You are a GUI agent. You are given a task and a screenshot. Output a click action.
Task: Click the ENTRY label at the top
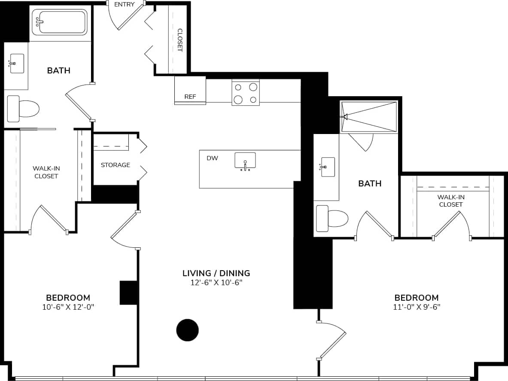[x=125, y=5]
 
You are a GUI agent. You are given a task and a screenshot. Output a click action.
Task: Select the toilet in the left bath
[x=24, y=109]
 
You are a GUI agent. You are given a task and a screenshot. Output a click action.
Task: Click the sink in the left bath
[x=16, y=64]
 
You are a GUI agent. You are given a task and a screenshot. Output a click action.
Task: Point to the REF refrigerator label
[x=190, y=97]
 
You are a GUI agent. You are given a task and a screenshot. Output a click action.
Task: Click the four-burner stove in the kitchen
[x=246, y=93]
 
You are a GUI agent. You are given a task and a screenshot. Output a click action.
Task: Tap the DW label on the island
[x=212, y=158]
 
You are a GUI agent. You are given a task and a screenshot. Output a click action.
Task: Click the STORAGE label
[x=116, y=165]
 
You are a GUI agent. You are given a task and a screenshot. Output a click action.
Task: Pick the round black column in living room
[x=188, y=330]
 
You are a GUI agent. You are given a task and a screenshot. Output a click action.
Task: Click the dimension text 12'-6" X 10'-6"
[x=216, y=283]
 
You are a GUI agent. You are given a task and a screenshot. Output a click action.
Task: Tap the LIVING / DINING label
[x=216, y=273]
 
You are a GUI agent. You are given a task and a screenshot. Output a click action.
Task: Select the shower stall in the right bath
[x=369, y=116]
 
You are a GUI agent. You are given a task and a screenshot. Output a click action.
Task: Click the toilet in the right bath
[x=332, y=218]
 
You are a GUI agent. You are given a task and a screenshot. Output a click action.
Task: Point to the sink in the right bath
[x=328, y=167]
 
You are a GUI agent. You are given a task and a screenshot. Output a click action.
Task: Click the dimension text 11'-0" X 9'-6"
[x=417, y=307]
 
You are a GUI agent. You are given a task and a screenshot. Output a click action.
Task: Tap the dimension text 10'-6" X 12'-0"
[x=68, y=307]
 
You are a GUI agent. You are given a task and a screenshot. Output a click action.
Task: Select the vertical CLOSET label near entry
[x=180, y=40]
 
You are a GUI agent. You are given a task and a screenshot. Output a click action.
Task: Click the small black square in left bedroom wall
[x=128, y=293]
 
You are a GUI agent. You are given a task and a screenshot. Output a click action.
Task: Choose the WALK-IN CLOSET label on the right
[x=450, y=201]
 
